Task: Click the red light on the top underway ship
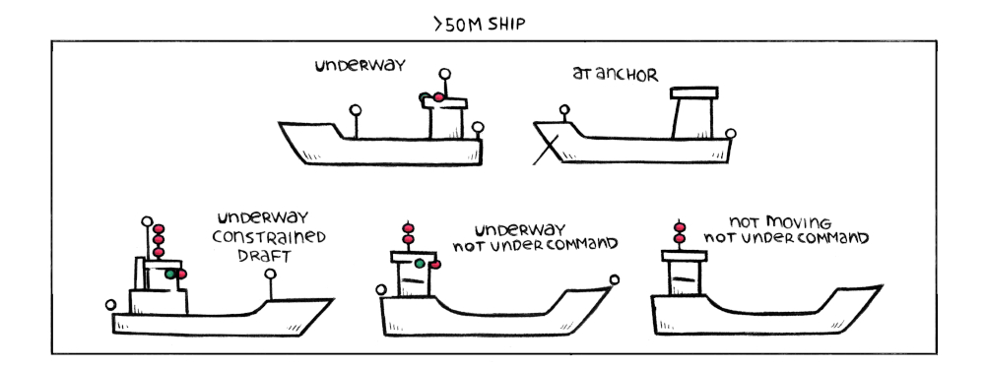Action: click(428, 97)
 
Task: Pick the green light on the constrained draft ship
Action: click(171, 273)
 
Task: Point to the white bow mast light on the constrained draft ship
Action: click(270, 276)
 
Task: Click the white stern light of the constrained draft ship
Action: click(110, 305)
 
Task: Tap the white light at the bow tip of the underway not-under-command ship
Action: click(616, 279)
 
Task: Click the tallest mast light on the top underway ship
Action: click(444, 74)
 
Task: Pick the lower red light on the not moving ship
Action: click(678, 239)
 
